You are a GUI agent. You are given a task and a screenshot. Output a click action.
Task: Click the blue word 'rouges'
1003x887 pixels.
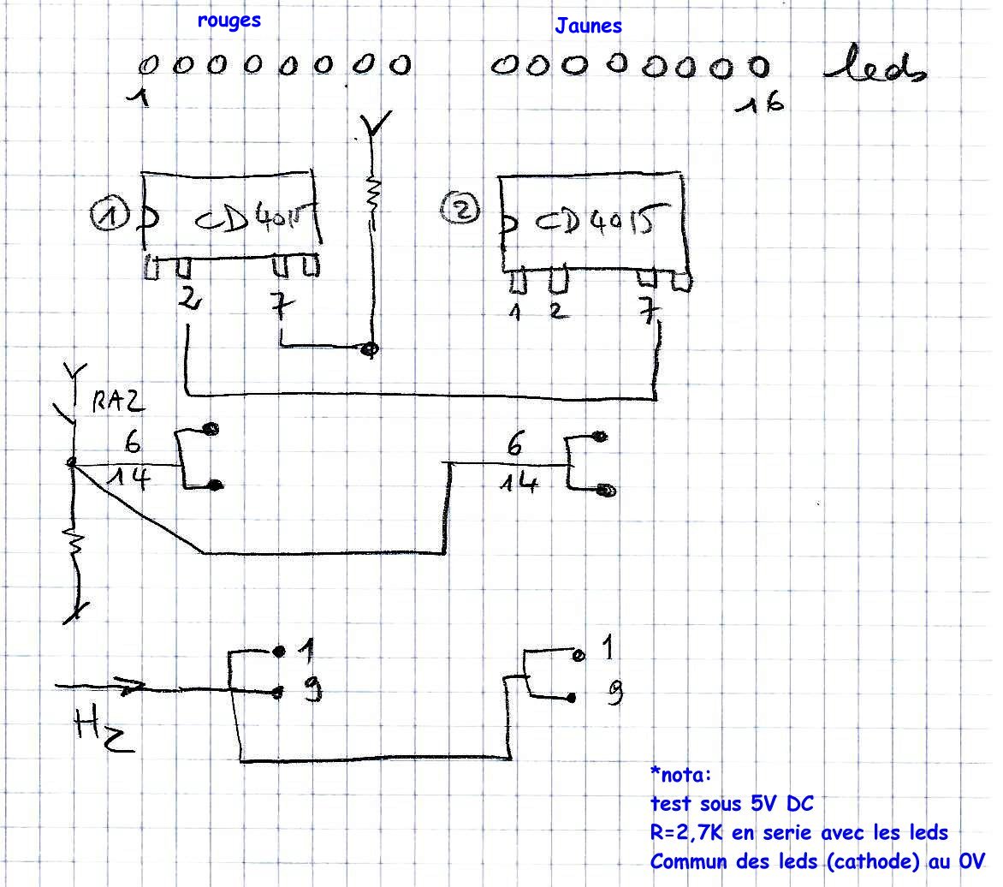click(x=228, y=21)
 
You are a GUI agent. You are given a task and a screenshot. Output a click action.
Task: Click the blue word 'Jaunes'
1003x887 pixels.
click(x=588, y=26)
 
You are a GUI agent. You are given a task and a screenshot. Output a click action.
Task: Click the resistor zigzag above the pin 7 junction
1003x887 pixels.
click(x=372, y=194)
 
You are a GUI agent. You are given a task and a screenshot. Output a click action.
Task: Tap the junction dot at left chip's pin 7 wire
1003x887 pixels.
click(x=371, y=348)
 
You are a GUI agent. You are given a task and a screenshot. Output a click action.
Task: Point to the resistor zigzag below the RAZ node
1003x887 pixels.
click(x=75, y=545)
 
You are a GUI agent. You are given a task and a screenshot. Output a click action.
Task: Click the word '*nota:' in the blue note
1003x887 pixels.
click(x=680, y=776)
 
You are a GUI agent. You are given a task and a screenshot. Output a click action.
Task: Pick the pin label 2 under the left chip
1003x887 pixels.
click(x=187, y=300)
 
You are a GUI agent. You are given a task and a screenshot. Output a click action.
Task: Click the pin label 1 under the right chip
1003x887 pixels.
click(x=515, y=313)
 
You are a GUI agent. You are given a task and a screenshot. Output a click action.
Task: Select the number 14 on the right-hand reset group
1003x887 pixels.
click(x=519, y=484)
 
